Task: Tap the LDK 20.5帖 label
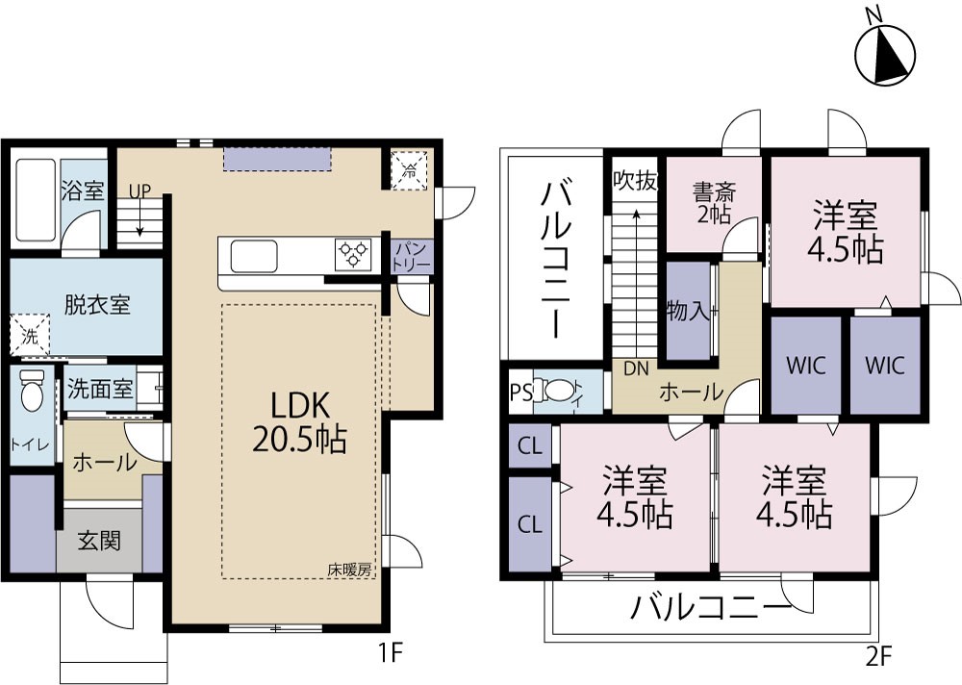[x=299, y=419]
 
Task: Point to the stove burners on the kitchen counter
[x=353, y=255]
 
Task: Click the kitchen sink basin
[x=254, y=257]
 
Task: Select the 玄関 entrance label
[x=99, y=542]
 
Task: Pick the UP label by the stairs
[x=140, y=190]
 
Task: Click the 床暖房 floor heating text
[x=348, y=570]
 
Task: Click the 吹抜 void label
[x=635, y=181]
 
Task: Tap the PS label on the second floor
[x=519, y=392]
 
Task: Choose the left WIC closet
[x=805, y=366]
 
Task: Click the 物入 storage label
[x=687, y=312]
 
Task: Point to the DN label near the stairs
[x=636, y=368]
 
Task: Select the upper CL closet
[x=528, y=446]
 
